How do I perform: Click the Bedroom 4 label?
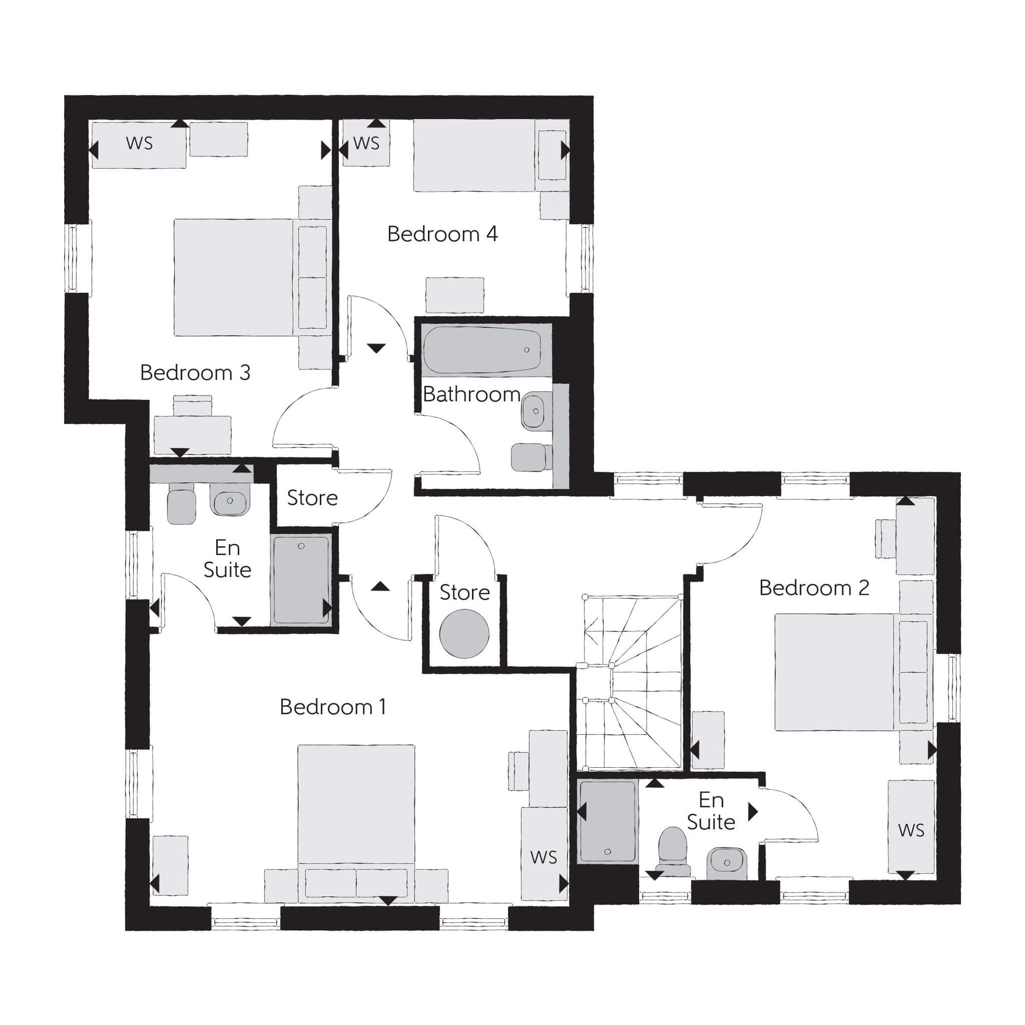click(442, 234)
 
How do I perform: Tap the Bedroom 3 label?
click(195, 373)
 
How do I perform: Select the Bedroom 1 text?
click(333, 707)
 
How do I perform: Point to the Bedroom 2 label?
click(814, 587)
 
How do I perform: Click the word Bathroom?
click(471, 394)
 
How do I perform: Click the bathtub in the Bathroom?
click(482, 350)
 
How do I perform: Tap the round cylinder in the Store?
click(464, 633)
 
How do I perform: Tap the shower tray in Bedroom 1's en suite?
click(301, 580)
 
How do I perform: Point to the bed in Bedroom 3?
click(234, 277)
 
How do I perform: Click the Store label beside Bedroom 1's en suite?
click(312, 498)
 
